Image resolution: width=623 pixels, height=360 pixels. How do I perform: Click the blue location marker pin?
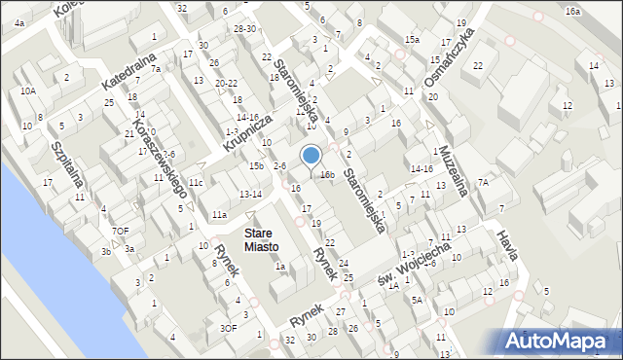click(x=311, y=157)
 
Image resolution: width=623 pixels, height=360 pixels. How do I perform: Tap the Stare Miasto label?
click(x=258, y=239)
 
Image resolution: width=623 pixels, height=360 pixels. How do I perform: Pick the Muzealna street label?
click(x=454, y=164)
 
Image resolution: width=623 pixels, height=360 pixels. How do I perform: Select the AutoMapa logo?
click(x=559, y=342)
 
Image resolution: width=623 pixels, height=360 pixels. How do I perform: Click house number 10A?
click(x=27, y=90)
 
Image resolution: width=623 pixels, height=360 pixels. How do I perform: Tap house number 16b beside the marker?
click(x=327, y=175)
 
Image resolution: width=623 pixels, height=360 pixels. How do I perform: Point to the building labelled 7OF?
click(x=120, y=231)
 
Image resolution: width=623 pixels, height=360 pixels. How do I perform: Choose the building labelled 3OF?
click(x=229, y=328)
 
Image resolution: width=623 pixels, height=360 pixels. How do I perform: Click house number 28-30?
click(x=244, y=28)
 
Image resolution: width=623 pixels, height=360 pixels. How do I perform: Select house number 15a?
click(x=412, y=40)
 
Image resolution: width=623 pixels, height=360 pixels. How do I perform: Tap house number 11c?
click(x=196, y=182)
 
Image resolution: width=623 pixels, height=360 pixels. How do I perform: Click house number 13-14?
click(x=250, y=195)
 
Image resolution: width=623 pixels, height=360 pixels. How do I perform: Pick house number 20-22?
click(x=226, y=83)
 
